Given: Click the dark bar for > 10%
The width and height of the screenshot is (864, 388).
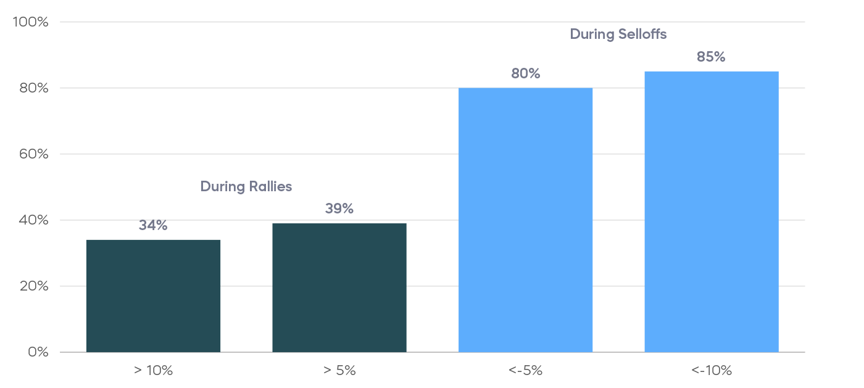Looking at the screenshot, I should pos(153,296).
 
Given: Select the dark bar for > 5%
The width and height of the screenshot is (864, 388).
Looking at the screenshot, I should pos(339,287).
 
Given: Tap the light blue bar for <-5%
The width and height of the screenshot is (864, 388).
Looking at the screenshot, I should pos(525,220).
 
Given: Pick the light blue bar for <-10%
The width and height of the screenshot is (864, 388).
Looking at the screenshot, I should pos(712,212).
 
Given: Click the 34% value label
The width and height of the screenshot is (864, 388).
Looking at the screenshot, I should pos(153,226).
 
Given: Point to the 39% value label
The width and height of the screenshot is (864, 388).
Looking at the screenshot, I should pos(339,209).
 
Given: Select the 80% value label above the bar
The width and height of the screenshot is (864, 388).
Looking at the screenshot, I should pos(525,74).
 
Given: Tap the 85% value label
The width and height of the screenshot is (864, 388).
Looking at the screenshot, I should pos(711,57).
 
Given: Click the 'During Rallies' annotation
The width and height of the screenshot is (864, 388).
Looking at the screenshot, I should pos(246,186).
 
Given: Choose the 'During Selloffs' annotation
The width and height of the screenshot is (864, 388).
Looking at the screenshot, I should pos(618,35).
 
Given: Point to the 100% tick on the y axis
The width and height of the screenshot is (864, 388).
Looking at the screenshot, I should pos(30,22).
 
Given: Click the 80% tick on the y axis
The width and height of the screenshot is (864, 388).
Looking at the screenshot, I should pos(33,88).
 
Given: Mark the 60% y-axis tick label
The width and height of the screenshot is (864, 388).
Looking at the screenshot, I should pos(33,154).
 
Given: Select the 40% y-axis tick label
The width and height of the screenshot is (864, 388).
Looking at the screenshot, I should pos(33,220).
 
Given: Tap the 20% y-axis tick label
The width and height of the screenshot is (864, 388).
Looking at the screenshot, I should pos(33,286).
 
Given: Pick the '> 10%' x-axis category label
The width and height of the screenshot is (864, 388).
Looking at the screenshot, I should pos(153,371).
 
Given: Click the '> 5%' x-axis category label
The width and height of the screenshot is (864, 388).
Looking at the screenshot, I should pos(339,371).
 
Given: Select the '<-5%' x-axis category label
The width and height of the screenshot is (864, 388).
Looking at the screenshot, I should pos(525,371).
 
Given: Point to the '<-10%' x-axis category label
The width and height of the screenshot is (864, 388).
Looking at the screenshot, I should pos(712,371).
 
